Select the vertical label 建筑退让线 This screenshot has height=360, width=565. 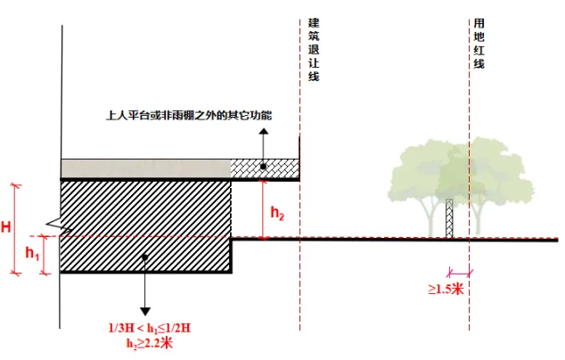(313, 49)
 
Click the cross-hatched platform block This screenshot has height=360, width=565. (264, 168)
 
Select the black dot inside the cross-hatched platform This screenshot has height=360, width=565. (264, 167)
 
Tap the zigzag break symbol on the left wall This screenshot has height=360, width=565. (55, 225)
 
